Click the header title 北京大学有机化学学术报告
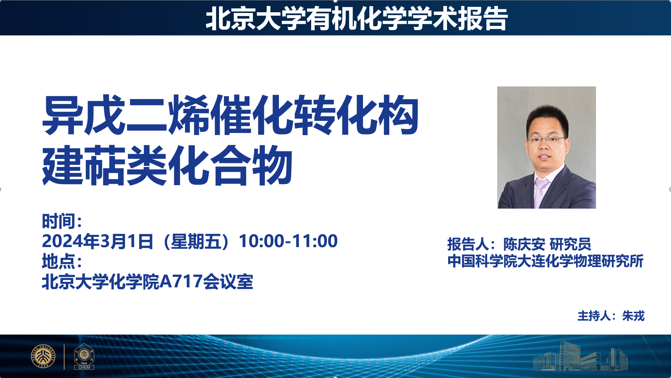click(x=356, y=19)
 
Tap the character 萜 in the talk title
click(x=105, y=166)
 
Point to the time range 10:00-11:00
click(x=288, y=241)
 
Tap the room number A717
click(x=181, y=282)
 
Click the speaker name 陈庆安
click(x=524, y=244)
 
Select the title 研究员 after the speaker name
click(x=570, y=244)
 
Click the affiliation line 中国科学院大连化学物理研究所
click(x=546, y=261)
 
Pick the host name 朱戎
click(x=633, y=316)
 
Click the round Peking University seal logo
click(x=43, y=357)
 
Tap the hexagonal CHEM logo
click(x=84, y=356)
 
